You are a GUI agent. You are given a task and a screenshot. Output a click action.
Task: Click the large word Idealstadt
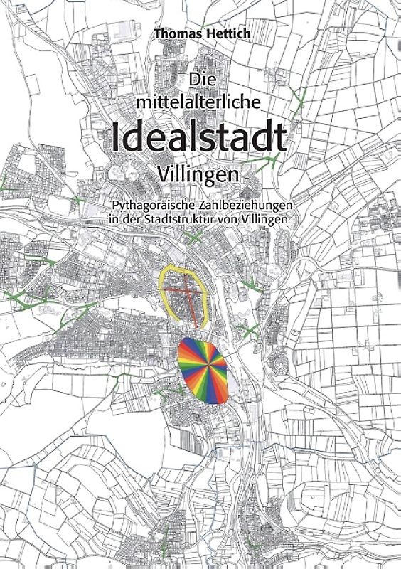coord(198,137)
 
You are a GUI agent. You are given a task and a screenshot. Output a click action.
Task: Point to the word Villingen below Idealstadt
coord(198,173)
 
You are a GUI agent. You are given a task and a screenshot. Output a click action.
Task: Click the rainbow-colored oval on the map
coord(203,370)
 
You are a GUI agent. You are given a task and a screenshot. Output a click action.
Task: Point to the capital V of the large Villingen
coord(164,173)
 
